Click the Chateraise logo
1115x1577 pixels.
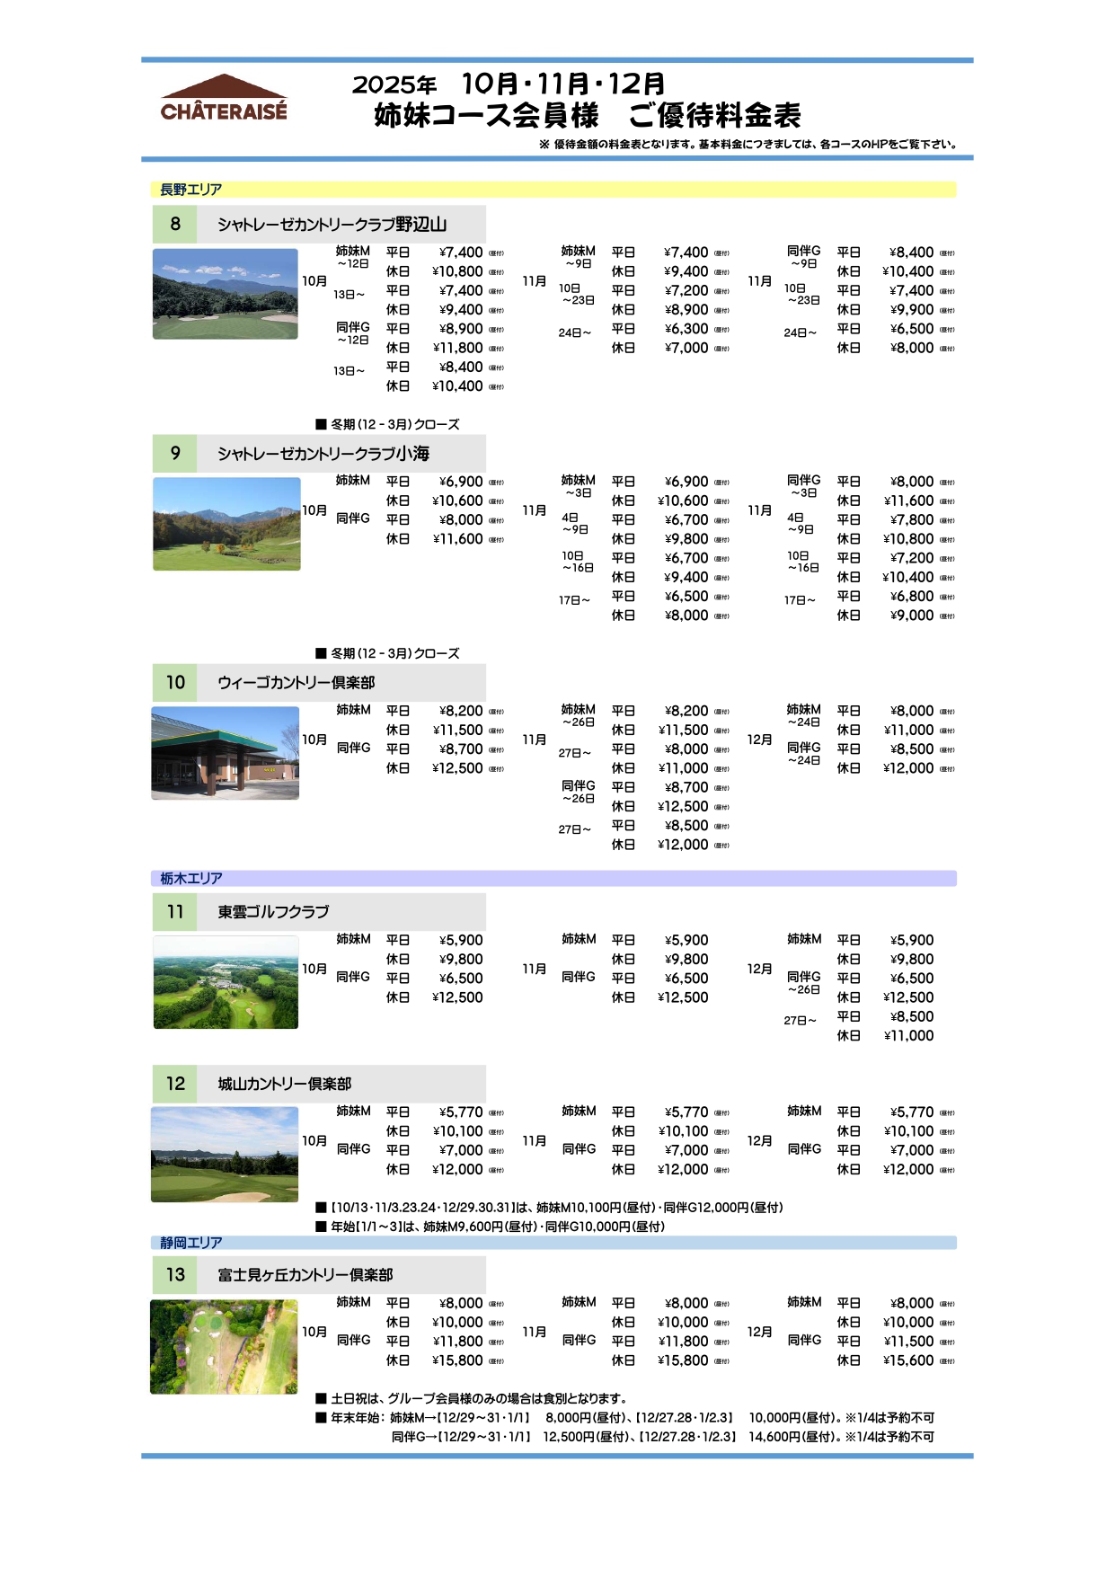224,98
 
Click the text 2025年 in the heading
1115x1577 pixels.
394,85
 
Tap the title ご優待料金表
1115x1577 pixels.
714,116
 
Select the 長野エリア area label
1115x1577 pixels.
190,190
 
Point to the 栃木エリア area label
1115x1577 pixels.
190,879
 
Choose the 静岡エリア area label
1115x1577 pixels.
190,1243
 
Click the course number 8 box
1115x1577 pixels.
175,224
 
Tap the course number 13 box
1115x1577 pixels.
175,1274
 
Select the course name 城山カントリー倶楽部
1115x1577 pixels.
284,1085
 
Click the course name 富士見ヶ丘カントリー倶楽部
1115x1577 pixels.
305,1275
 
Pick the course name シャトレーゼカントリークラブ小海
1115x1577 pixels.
323,454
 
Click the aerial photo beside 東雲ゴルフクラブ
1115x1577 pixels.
226,982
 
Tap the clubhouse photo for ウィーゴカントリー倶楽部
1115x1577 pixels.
226,753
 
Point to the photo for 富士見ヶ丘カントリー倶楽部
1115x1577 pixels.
224,1347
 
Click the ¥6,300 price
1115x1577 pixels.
686,329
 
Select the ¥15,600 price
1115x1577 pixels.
908,1360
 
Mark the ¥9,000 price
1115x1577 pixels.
912,616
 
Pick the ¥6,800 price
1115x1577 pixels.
912,597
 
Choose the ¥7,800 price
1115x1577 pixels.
912,520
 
